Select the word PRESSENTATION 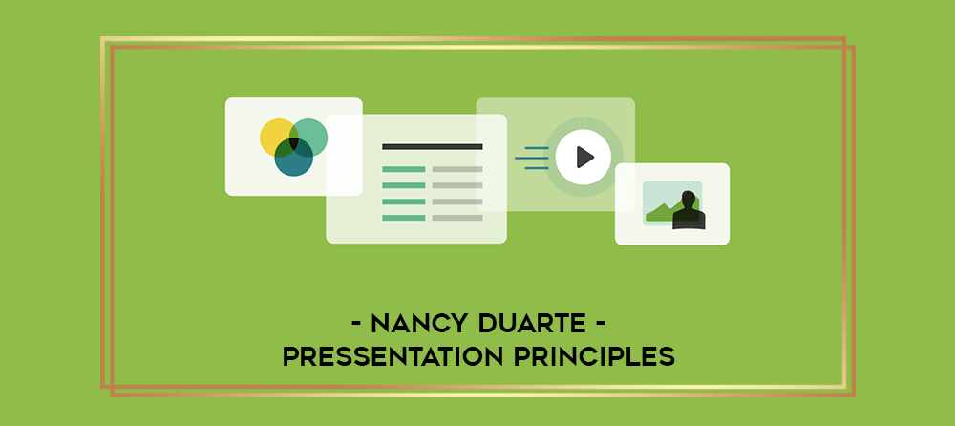pos(393,357)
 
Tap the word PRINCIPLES pos(594,357)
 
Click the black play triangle pos(584,158)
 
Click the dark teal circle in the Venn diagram pos(293,158)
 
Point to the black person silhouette pos(689,211)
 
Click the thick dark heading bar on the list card pos(433,146)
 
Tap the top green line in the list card pos(404,169)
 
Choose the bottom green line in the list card pos(404,218)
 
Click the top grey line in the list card pos(457,169)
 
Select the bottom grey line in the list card pos(457,218)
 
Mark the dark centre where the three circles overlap pos(293,143)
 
